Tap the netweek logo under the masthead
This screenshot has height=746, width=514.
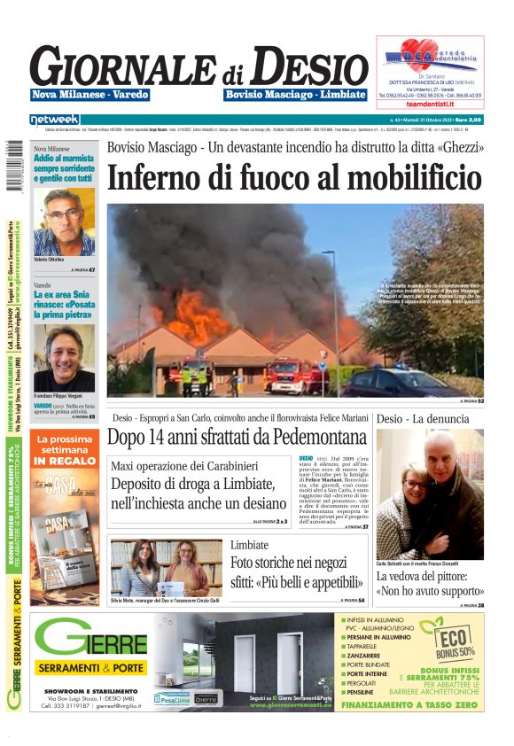(x=54, y=120)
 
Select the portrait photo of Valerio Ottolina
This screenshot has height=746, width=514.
(x=64, y=222)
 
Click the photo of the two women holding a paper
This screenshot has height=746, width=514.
(x=167, y=567)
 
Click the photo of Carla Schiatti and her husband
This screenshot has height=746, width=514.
(x=430, y=494)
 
